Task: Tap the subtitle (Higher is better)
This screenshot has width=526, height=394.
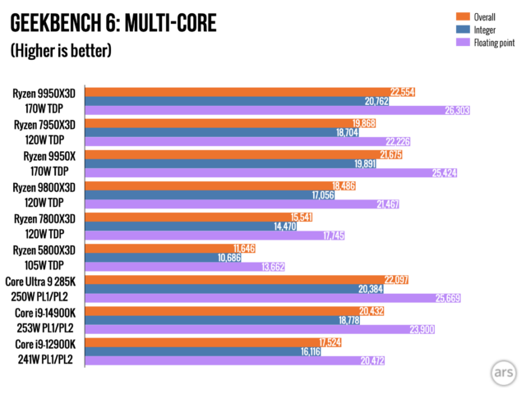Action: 61,50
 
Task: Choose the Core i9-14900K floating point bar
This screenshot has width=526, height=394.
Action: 247,329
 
